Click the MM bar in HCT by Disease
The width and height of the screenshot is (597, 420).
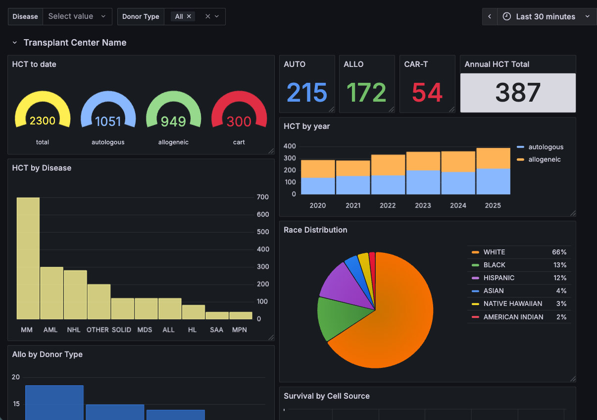[x=28, y=258]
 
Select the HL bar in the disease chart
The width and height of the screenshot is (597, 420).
[x=193, y=312]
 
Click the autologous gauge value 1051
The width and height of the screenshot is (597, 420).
[x=108, y=121]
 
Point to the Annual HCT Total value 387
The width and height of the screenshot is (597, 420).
[x=518, y=93]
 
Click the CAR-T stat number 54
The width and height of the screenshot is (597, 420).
[x=427, y=93]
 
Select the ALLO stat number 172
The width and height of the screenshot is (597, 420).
[x=366, y=93]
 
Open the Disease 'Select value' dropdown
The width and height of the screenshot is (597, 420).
[x=77, y=16]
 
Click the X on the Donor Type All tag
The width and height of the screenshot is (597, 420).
[x=189, y=16]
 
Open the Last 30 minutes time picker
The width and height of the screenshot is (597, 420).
[x=546, y=16]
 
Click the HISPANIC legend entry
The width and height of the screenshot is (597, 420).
[x=499, y=278]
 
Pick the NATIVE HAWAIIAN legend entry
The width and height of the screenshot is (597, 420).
[x=513, y=303]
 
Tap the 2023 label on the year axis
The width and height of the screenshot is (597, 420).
[x=423, y=205]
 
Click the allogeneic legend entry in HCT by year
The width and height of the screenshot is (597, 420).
[x=545, y=159]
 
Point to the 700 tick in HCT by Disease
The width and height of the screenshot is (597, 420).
[x=262, y=197]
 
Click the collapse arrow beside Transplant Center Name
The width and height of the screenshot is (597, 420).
[x=15, y=43]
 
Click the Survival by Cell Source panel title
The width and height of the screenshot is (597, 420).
[x=327, y=396]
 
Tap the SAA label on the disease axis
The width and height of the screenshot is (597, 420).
[x=216, y=330]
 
